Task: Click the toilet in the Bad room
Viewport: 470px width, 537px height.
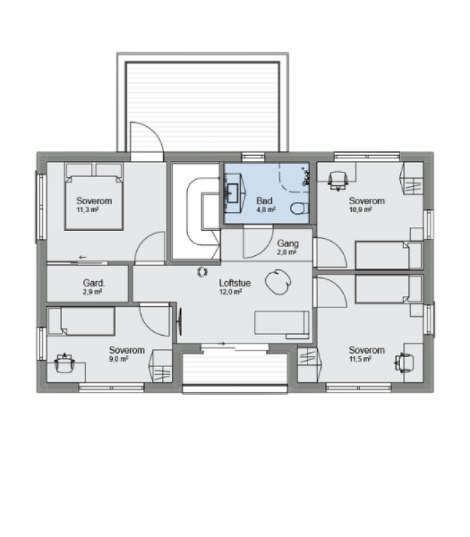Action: tap(299, 208)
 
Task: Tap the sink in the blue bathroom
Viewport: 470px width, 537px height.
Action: tap(233, 193)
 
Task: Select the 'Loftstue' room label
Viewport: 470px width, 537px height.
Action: tap(234, 283)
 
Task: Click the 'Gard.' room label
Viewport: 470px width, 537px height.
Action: tap(93, 283)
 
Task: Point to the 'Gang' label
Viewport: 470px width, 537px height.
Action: tap(288, 244)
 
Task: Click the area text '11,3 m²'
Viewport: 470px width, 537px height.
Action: tap(88, 209)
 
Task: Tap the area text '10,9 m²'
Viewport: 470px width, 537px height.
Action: tap(361, 209)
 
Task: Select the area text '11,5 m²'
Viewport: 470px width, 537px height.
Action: tap(361, 359)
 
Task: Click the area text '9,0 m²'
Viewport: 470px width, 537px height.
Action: tap(119, 359)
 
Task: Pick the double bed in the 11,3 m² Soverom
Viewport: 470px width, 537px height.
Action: tap(93, 196)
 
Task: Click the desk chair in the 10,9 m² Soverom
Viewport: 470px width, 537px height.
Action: tap(338, 181)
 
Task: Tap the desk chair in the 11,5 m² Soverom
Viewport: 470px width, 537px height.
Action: tap(405, 362)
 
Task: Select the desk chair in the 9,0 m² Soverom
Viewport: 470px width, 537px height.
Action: tap(64, 363)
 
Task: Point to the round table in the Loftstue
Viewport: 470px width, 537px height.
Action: tap(278, 282)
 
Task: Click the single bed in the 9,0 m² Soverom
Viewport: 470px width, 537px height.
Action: tap(81, 321)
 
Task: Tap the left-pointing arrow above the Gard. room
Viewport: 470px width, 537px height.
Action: tap(82, 257)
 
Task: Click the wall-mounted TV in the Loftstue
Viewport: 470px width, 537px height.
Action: tap(180, 322)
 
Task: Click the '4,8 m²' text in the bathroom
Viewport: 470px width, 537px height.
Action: tap(266, 209)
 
